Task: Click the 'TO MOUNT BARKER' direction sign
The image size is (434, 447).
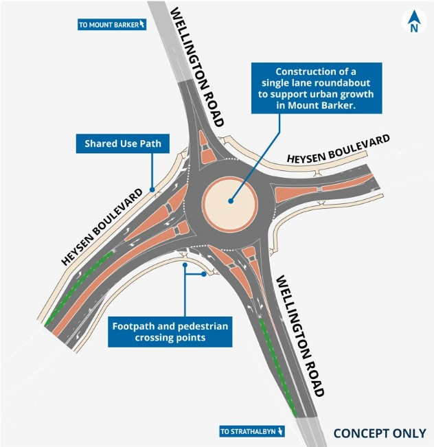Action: (112, 25)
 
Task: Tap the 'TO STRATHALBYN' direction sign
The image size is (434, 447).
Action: (252, 431)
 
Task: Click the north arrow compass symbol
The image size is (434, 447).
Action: (414, 21)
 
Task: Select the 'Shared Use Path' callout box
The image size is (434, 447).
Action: (123, 144)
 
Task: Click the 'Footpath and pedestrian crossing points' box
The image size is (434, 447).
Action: (170, 332)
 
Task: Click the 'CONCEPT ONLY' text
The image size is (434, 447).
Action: (380, 433)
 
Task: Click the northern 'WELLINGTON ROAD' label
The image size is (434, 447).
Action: (197, 67)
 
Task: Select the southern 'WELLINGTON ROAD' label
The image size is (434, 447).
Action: (300, 336)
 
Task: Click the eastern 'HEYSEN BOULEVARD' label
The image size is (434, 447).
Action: (338, 149)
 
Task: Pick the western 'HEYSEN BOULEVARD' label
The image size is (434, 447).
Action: (102, 227)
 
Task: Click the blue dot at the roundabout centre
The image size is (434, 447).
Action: (231, 201)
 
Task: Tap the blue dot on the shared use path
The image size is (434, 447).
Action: (152, 190)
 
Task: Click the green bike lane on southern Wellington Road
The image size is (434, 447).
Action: (277, 366)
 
